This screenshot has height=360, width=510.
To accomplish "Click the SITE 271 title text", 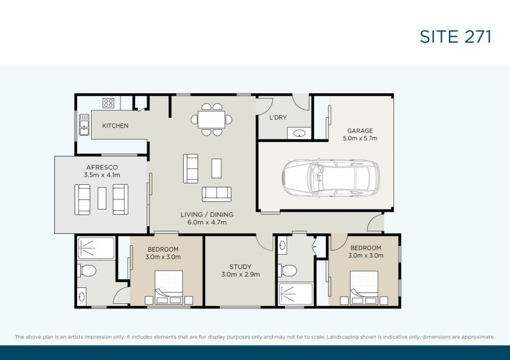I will [x=455, y=36].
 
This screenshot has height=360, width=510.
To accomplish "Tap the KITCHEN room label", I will [x=115, y=126].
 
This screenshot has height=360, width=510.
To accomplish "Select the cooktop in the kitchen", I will [x=108, y=103].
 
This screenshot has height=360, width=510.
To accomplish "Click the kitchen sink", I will [x=84, y=126].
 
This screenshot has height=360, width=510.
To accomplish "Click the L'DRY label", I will [x=278, y=118].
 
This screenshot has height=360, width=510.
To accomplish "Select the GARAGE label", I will [x=360, y=131].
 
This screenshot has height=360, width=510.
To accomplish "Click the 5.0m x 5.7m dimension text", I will [x=360, y=138].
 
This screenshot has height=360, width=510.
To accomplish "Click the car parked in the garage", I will [x=331, y=177].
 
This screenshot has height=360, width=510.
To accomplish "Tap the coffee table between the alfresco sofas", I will [x=102, y=198].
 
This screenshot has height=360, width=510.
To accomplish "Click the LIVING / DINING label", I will [x=208, y=214].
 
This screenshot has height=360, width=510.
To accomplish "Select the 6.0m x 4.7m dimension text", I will [x=208, y=222].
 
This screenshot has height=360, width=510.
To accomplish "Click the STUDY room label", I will [x=240, y=267].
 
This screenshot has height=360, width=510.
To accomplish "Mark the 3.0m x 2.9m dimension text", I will [x=240, y=275].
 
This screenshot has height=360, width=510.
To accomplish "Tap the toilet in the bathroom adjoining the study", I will [x=289, y=270].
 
